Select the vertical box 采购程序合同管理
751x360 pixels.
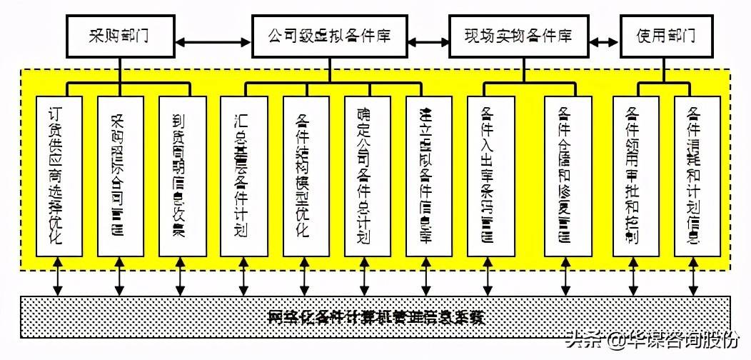click(x=119, y=176)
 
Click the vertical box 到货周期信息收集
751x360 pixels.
click(x=181, y=176)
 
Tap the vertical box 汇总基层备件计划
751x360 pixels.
click(x=243, y=176)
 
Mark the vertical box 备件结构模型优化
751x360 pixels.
click(x=304, y=176)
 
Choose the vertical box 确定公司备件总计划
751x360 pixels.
click(x=366, y=176)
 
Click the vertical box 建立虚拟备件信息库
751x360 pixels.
click(x=427, y=176)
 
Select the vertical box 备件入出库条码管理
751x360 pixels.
click(x=490, y=176)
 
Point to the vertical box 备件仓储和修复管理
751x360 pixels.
click(x=565, y=176)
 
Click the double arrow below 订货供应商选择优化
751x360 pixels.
click(x=58, y=279)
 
